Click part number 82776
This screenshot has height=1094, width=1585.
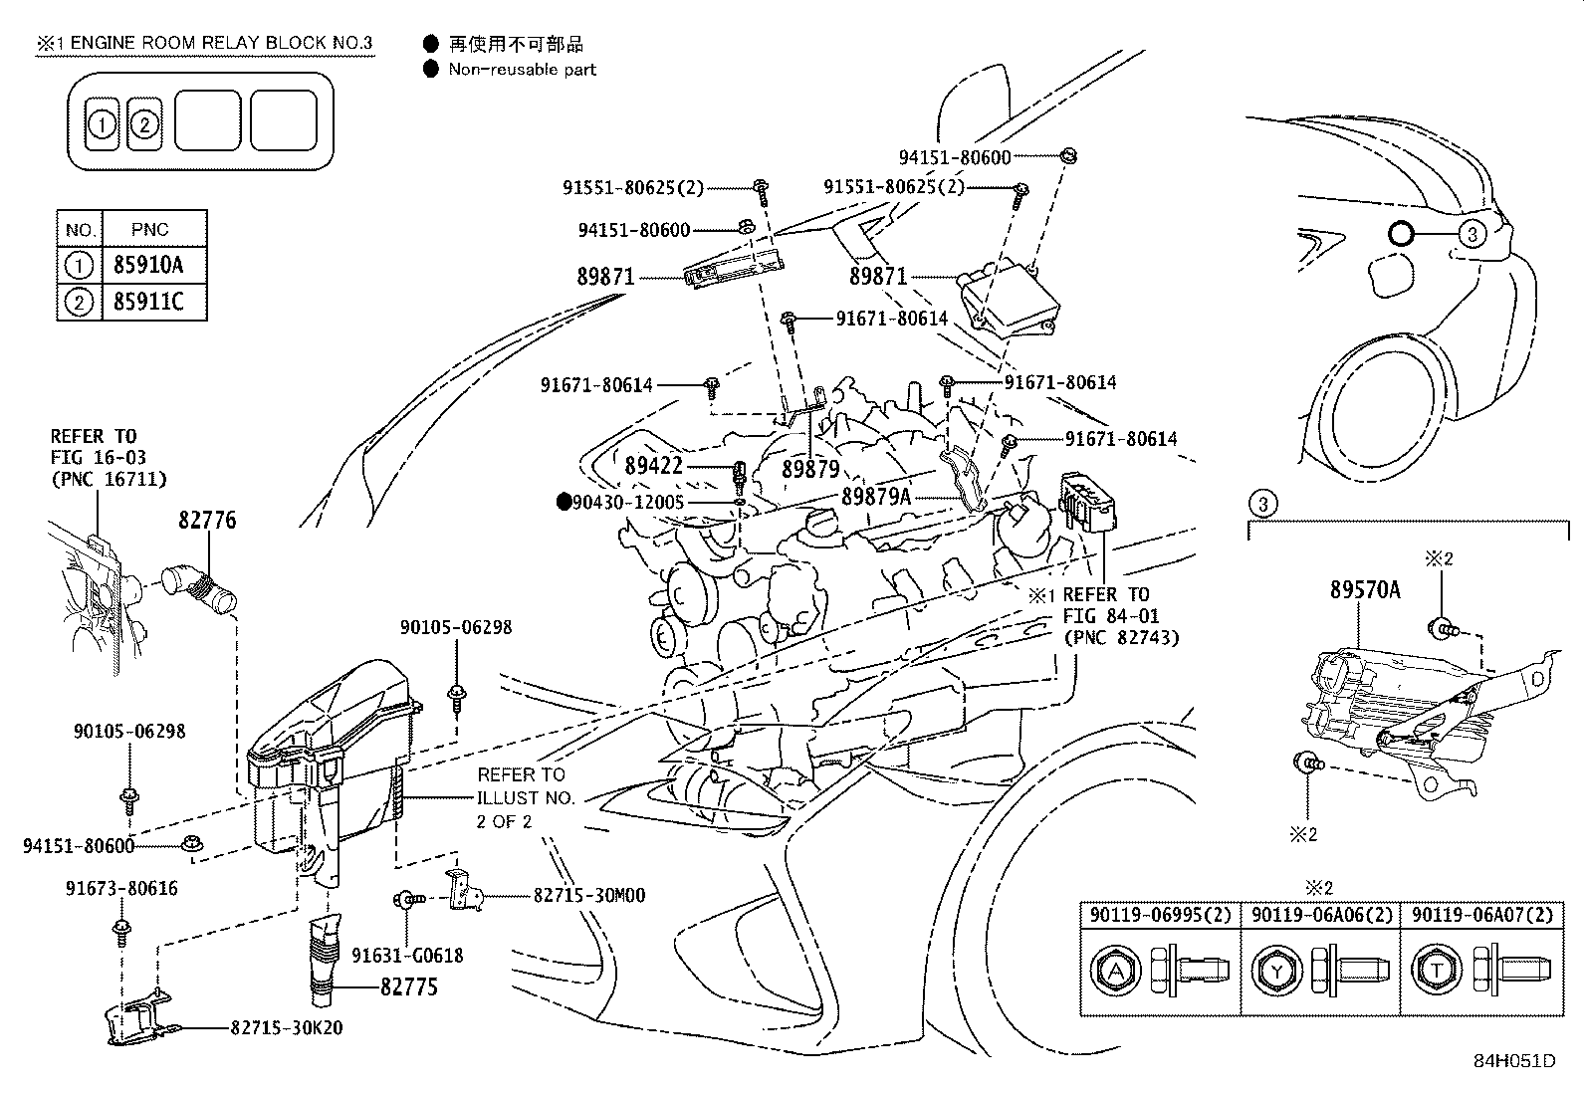point(207,520)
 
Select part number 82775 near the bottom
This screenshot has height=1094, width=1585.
point(408,988)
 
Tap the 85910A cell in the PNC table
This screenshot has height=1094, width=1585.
point(148,266)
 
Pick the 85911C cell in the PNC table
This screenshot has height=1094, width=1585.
point(148,302)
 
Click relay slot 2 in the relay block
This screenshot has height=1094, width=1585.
point(144,124)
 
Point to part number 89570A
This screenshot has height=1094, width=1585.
point(1364,589)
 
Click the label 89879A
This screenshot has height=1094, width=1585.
point(875,495)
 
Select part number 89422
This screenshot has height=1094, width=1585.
point(654,465)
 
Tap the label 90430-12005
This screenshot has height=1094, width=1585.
point(628,503)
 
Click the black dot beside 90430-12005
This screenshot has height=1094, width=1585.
point(564,503)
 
